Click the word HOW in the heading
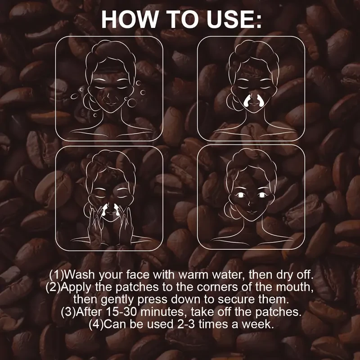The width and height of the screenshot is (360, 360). coord(128,19)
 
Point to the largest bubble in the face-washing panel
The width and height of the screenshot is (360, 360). coord(132,103)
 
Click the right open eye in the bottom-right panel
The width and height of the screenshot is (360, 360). coord(262,194)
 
